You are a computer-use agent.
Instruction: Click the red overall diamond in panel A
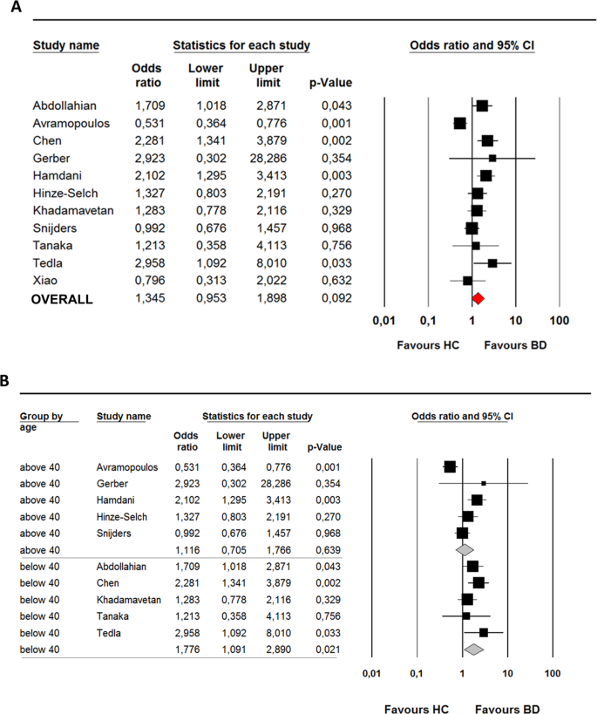[478, 299]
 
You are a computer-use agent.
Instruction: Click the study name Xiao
[45, 281]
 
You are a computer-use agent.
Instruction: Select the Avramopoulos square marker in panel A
[459, 124]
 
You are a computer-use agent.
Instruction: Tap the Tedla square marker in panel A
[492, 263]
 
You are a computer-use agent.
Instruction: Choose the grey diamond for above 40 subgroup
[465, 549]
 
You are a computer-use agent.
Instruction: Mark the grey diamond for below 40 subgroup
[473, 649]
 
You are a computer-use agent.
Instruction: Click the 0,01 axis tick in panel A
[383, 321]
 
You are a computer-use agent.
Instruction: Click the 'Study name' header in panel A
[65, 45]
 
